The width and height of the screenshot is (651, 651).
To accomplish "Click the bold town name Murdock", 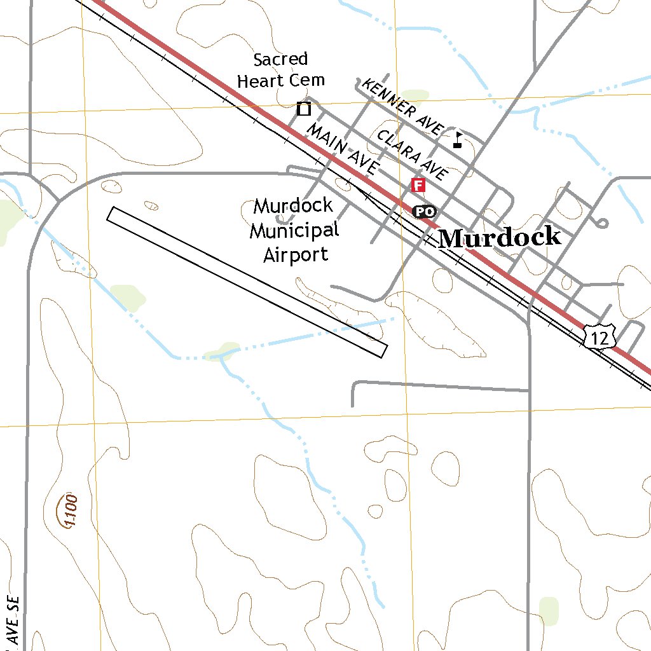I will (x=500, y=237).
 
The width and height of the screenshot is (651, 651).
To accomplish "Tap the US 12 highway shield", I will (x=600, y=337).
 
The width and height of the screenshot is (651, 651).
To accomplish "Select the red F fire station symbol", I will (x=418, y=185).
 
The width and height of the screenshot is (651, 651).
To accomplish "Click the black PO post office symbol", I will (x=424, y=211).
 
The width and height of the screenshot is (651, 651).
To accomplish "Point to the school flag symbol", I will (x=458, y=139).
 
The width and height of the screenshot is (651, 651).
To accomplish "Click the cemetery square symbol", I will (x=304, y=109).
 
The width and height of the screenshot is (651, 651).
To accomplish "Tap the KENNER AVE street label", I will (x=401, y=107).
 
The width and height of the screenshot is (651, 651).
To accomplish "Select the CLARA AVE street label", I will (x=413, y=154).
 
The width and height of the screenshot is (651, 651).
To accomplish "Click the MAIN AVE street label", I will (x=342, y=149).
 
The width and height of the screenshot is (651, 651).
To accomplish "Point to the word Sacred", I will (x=280, y=60).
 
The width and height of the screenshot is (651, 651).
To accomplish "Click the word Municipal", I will (x=294, y=230).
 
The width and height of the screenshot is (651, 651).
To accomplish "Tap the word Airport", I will (x=296, y=255).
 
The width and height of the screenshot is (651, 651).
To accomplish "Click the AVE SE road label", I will (x=14, y=620).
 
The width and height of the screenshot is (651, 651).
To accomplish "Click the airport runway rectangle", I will (x=247, y=282).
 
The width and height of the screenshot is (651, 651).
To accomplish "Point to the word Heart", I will (x=261, y=81).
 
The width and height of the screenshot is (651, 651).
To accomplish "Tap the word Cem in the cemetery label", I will (x=306, y=80).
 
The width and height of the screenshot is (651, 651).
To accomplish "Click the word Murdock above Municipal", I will (x=293, y=206).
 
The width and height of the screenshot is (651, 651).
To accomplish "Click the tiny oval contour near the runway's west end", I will (x=151, y=205).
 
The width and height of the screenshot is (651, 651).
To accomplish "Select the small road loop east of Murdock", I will (x=601, y=223).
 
